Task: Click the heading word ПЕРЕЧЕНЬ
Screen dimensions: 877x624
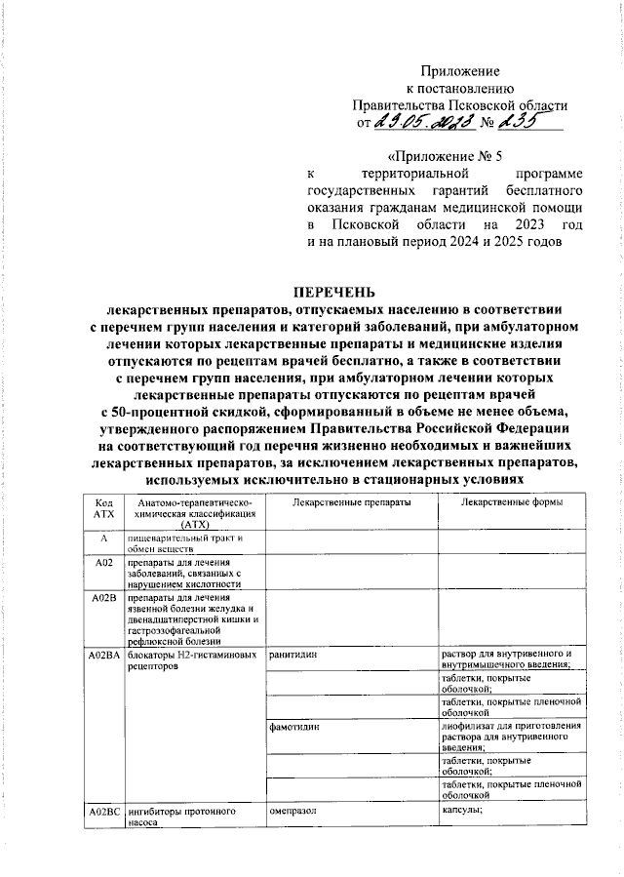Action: tap(333, 293)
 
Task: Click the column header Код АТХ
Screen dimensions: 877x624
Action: tap(103, 507)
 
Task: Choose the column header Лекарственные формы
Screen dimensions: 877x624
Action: tap(511, 501)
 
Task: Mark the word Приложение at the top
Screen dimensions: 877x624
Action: tap(459, 71)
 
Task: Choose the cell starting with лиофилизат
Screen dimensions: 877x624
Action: tap(511, 737)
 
